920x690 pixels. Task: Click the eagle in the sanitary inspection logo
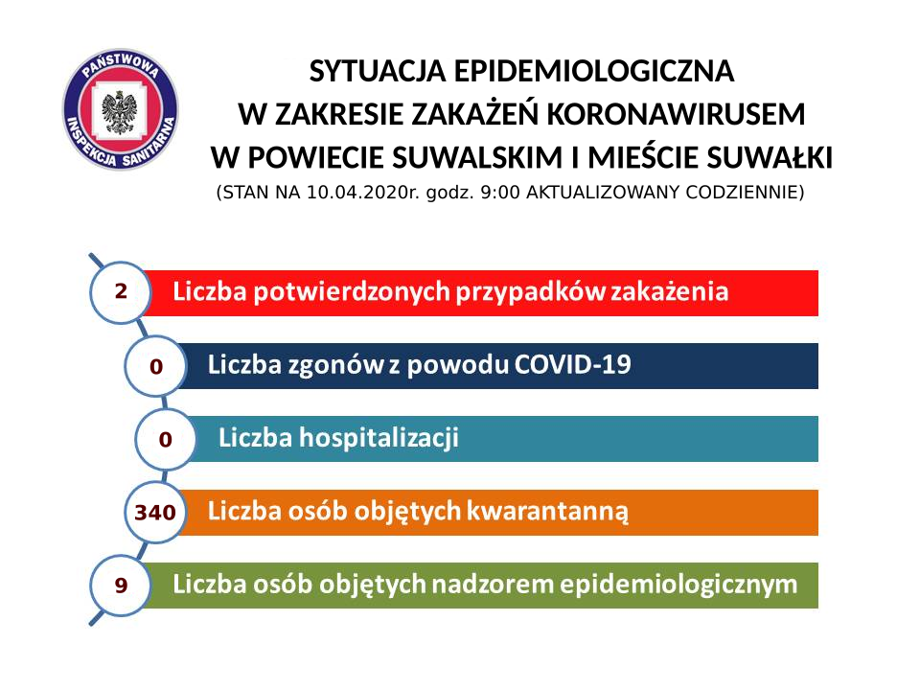coord(120,111)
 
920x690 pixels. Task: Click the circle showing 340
coord(155,512)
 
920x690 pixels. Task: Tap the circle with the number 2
coord(121,291)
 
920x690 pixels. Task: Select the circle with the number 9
coord(121,585)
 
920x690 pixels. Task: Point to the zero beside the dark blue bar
coord(155,366)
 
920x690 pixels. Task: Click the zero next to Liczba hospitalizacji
coord(166,439)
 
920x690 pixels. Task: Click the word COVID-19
coord(573,364)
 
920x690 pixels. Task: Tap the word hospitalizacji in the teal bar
coord(379,438)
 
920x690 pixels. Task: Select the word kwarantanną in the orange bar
coord(547,511)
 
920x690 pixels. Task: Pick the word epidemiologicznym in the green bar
coord(678,585)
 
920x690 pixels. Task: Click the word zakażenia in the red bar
coord(670,291)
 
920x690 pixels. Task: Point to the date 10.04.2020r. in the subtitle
coord(364,193)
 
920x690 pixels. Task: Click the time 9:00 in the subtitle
coord(500,193)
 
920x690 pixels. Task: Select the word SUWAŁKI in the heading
coord(770,157)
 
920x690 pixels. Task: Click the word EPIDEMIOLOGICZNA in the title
coord(594,71)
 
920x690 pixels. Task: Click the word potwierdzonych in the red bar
coord(351,291)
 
